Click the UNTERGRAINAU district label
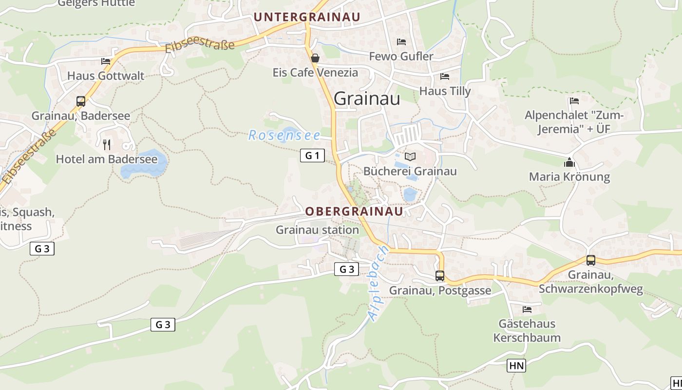[x=307, y=17]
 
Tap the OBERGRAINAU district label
[x=354, y=211]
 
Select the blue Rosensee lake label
[x=284, y=135]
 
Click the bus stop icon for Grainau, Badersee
[x=81, y=101]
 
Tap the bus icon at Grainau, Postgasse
[x=440, y=276]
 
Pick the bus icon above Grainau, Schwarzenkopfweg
[x=591, y=260]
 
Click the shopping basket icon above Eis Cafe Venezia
[x=315, y=58]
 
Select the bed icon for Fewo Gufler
[x=401, y=42]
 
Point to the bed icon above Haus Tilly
[x=445, y=77]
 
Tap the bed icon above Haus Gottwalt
[x=106, y=61]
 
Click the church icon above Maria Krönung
[x=569, y=162]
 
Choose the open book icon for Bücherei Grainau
[x=410, y=156]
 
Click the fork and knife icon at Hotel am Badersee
[x=107, y=144]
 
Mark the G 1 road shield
[x=312, y=156]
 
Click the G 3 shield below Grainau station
[x=347, y=269]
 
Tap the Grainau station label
[x=317, y=230]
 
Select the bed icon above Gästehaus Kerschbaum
[x=527, y=309]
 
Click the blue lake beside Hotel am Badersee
[x=144, y=164]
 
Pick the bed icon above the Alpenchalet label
[x=574, y=101]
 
